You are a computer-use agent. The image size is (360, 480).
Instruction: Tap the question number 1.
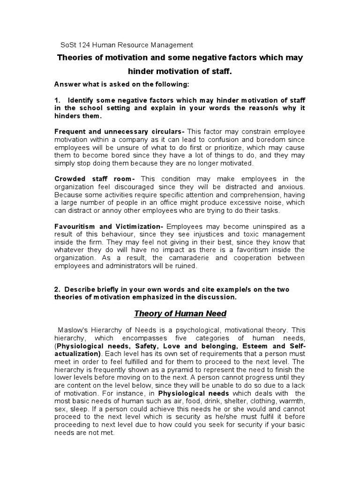57,100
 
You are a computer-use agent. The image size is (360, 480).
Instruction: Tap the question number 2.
57,289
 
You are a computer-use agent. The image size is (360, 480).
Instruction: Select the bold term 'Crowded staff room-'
95,179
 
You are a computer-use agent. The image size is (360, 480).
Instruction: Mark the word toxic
243,234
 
